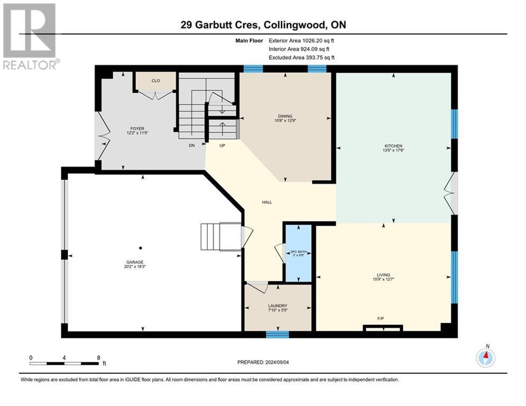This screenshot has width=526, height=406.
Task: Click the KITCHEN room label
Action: tap(393, 146)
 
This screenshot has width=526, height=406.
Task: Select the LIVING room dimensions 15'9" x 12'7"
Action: tap(384, 280)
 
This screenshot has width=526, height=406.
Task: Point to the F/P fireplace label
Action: tap(380, 318)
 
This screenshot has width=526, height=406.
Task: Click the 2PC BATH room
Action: tap(299, 253)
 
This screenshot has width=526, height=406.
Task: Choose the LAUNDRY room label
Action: tap(278, 306)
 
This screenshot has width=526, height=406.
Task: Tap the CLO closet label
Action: tap(155, 81)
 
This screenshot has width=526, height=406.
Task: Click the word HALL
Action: tap(267, 202)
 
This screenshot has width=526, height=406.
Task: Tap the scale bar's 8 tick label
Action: tap(98, 358)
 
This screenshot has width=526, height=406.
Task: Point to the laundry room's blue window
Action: tap(277, 334)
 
